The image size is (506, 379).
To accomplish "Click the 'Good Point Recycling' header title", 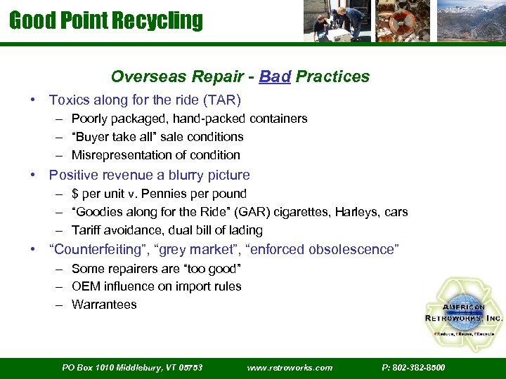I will (106, 20).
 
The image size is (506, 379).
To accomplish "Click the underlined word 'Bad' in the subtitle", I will (275, 77).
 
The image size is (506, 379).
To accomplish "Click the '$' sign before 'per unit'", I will (75, 194).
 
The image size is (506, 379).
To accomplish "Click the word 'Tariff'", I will (86, 230).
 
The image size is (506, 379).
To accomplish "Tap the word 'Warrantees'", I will (104, 305).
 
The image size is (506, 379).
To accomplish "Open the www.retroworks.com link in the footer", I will (290, 367).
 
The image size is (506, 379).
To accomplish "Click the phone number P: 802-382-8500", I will (413, 367).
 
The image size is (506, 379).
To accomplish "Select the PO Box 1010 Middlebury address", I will (132, 367).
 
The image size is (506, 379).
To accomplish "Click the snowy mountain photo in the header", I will (470, 21).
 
